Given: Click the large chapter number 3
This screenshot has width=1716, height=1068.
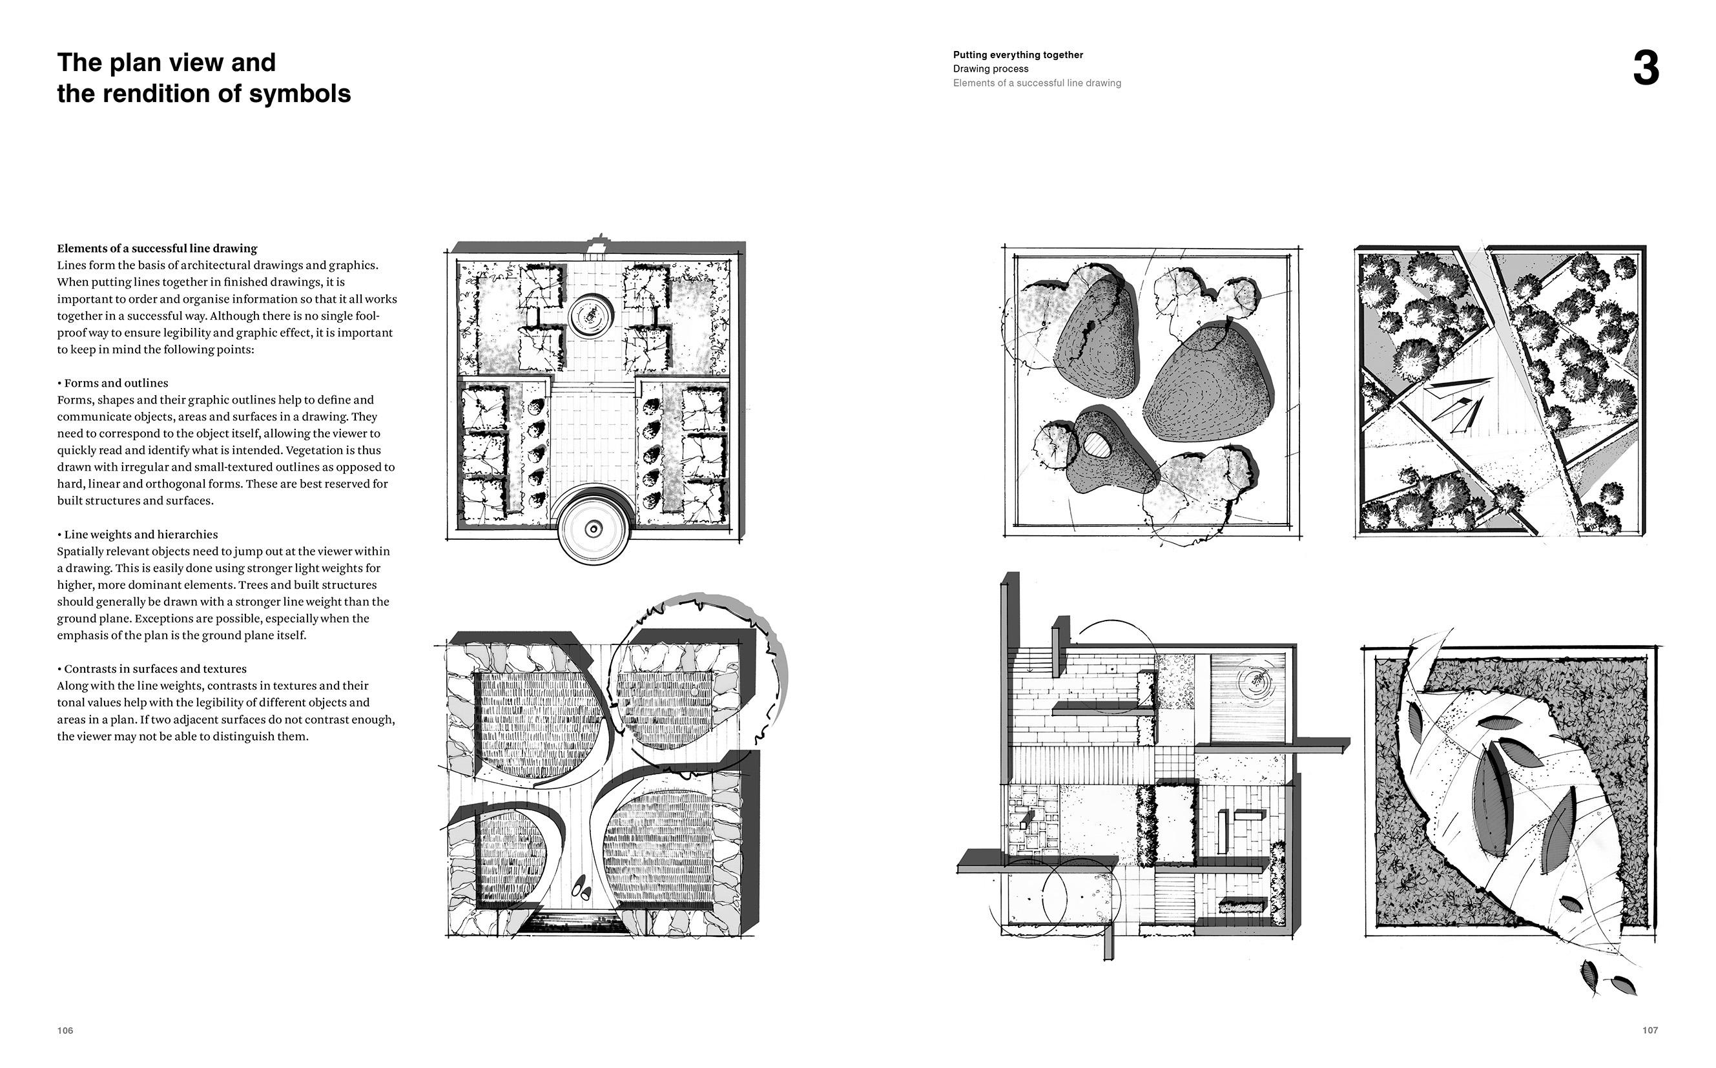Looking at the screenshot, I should point(1646,70).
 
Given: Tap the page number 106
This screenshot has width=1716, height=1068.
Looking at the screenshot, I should point(65,1031).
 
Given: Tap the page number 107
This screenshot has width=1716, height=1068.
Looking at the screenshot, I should point(1649,1031).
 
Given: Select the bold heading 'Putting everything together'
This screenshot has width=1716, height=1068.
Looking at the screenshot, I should point(1017,55).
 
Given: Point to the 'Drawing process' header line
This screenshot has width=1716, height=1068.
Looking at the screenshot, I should point(991,69).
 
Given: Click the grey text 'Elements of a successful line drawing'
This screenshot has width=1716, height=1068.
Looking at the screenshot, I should point(1037,83).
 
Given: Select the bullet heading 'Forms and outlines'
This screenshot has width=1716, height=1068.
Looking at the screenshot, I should point(116,384).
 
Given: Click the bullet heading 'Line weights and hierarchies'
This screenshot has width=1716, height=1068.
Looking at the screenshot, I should point(141,535).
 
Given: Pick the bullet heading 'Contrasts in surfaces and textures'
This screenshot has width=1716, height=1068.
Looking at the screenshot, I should point(155,669).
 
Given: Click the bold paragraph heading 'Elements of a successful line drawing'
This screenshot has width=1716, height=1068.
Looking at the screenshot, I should point(157,249).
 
